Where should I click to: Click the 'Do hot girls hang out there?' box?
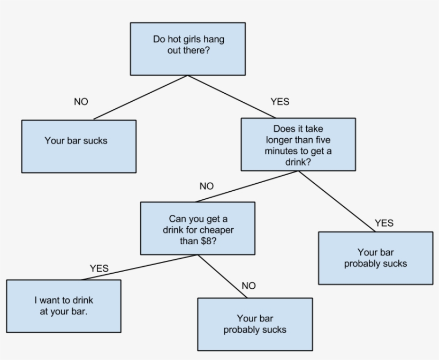(x=188, y=48)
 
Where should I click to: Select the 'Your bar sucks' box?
(x=78, y=146)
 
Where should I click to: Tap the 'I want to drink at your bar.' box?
(x=63, y=305)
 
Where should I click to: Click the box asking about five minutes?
(x=298, y=144)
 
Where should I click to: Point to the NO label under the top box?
(x=81, y=102)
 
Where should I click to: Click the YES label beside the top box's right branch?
(x=279, y=101)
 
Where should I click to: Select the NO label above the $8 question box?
(x=206, y=186)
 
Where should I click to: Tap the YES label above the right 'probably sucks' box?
(x=384, y=223)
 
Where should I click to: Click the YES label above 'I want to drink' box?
(x=99, y=268)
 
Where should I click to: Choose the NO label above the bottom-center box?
(x=248, y=286)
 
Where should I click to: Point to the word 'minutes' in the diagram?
(x=281, y=151)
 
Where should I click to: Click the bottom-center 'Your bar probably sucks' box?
(x=255, y=324)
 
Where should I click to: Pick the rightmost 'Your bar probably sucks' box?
(x=375, y=258)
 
